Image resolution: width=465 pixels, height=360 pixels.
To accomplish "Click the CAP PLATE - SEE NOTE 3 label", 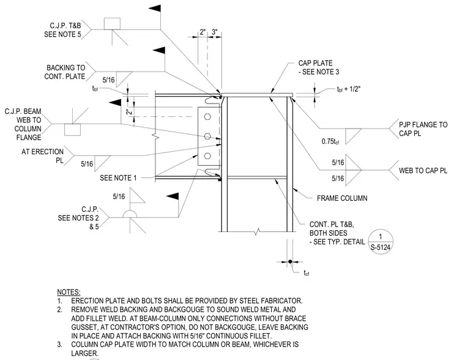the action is click(319, 67).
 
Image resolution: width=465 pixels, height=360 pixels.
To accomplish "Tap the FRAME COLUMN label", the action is click(342, 198).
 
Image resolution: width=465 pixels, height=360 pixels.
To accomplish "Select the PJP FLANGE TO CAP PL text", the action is click(423, 129).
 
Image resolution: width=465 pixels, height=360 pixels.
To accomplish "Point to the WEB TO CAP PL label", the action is click(423, 171).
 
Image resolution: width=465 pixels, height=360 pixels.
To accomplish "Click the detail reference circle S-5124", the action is click(381, 242).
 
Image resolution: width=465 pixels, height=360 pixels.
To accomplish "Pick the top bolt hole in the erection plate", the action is click(207, 116).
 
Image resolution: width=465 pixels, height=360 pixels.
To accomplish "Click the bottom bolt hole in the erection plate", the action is click(207, 156).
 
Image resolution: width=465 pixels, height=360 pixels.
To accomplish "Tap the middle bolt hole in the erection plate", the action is click(207, 136).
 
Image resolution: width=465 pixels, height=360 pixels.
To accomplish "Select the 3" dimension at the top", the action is click(214, 32).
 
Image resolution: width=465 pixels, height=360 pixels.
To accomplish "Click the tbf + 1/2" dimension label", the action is click(349, 89).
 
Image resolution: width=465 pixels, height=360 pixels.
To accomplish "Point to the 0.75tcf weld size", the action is click(330, 141).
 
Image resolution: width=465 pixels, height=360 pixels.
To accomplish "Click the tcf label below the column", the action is click(307, 272).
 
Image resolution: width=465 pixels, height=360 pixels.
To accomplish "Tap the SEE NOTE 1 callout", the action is click(118, 178).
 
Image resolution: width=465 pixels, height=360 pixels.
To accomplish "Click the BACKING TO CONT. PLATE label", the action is click(65, 72).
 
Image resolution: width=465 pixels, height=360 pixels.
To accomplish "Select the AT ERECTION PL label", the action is click(42, 156).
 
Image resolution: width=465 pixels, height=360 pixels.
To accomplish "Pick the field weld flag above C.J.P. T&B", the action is click(155, 9).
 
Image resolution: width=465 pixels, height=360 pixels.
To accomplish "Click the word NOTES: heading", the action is click(69, 292).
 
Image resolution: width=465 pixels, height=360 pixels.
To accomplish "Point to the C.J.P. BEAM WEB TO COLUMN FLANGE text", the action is click(23, 124).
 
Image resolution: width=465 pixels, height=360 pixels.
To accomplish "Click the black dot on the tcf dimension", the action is click(290, 262).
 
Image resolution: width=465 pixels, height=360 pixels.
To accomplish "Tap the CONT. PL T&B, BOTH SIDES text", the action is click(332, 229).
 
